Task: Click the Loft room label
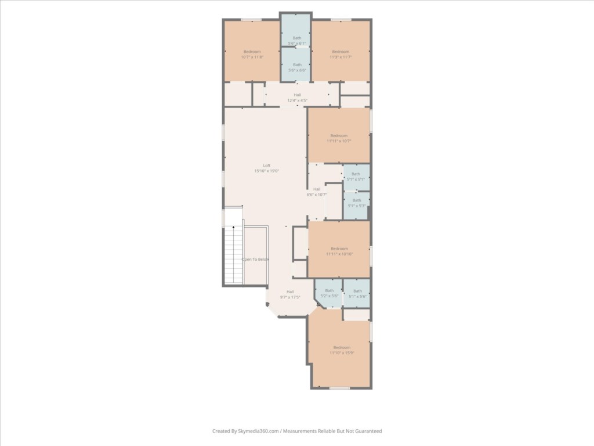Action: [x=267, y=168]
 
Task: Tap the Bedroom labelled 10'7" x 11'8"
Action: [x=252, y=54]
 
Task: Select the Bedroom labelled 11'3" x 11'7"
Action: [x=341, y=54]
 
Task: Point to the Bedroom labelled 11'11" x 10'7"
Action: [x=339, y=138]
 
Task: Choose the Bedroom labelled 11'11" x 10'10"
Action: [x=339, y=251]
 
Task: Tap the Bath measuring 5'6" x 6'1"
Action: [x=296, y=41]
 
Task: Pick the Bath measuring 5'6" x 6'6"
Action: [x=297, y=67]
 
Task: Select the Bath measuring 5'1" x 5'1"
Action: [x=356, y=177]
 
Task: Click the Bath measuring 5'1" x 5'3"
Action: [x=356, y=203]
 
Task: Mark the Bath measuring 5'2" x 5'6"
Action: [x=329, y=293]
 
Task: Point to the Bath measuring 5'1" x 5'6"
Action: [x=357, y=293]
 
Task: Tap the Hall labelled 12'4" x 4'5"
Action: [x=297, y=98]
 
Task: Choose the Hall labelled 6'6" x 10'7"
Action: [x=317, y=192]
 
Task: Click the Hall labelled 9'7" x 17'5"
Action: [x=290, y=294]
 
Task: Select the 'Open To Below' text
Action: [x=255, y=260]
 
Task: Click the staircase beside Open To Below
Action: [x=233, y=256]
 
